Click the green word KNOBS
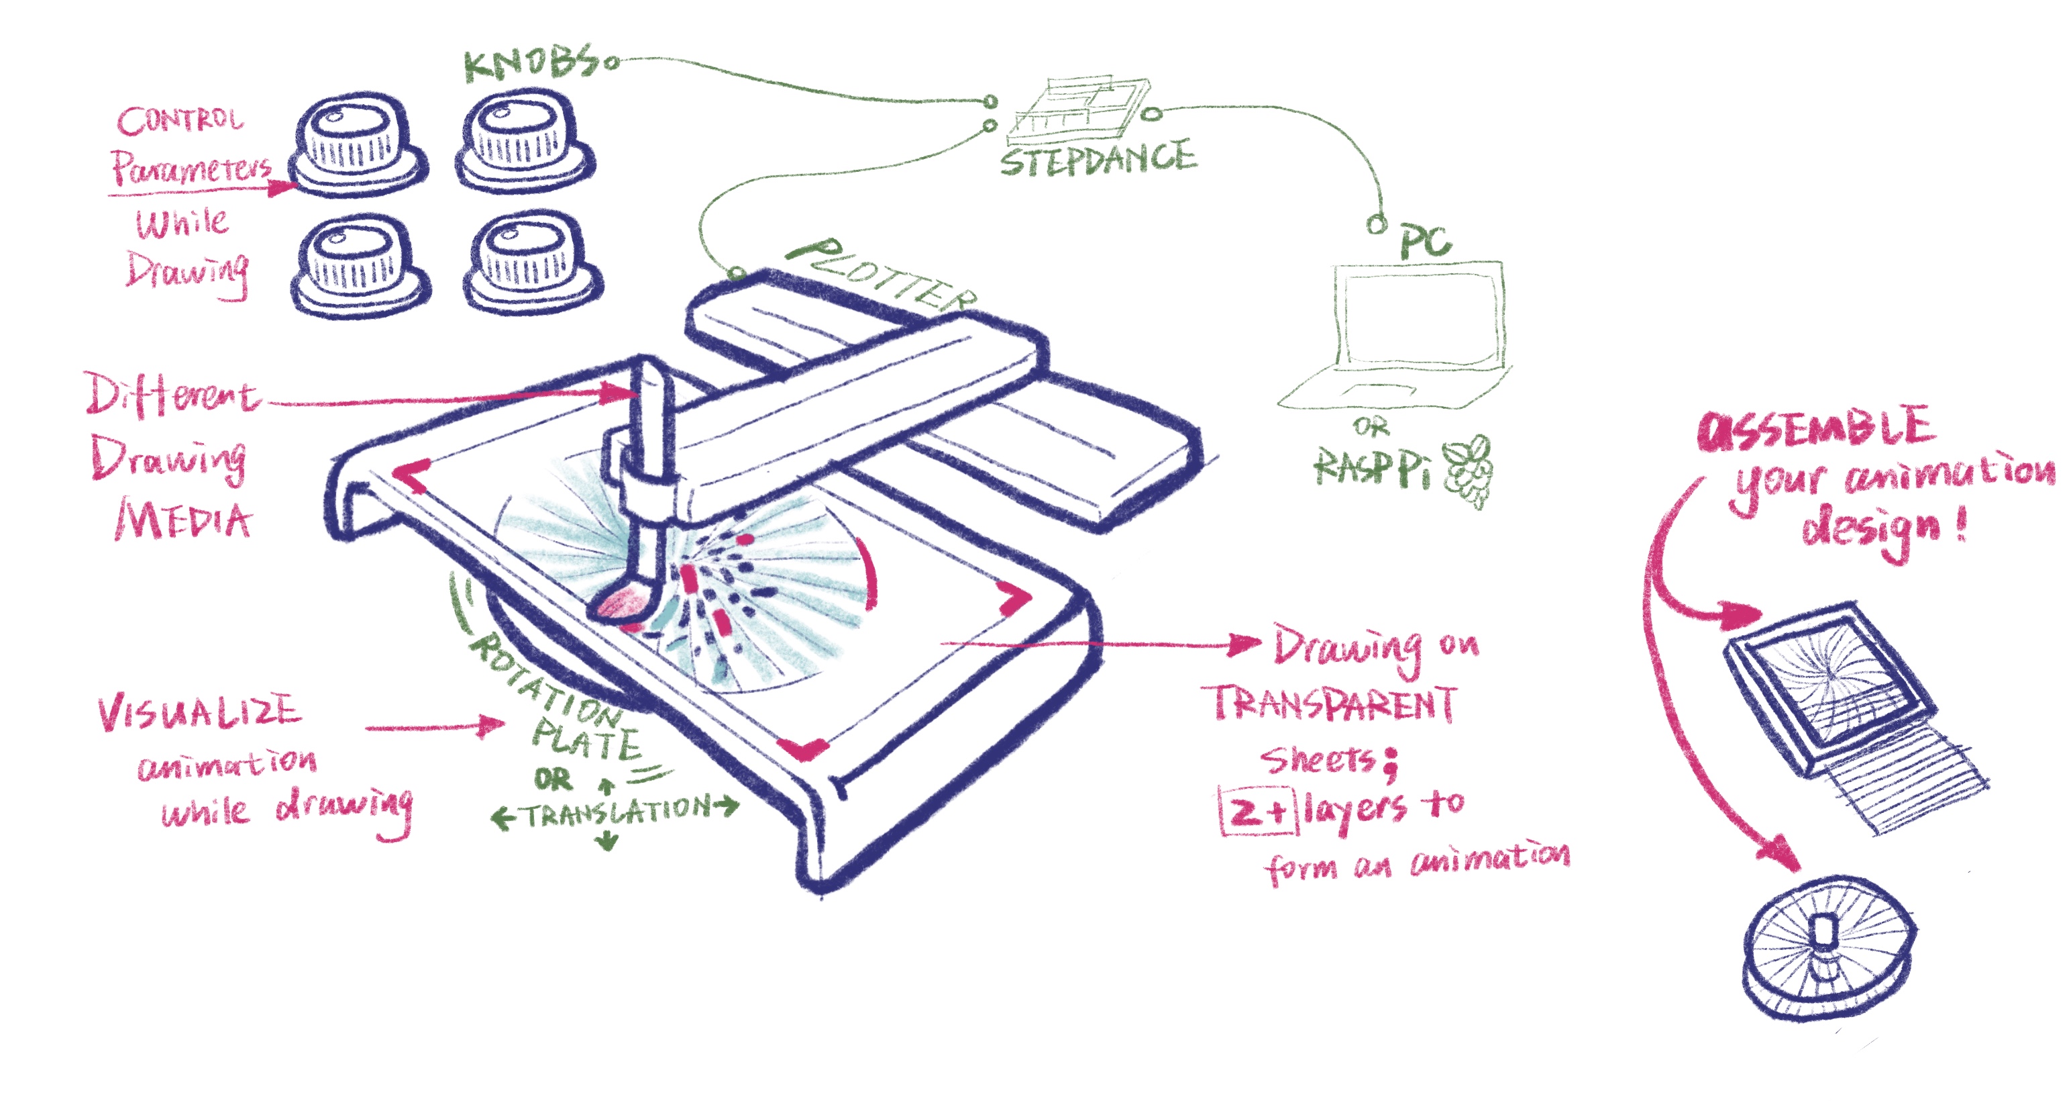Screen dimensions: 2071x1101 [x=531, y=62]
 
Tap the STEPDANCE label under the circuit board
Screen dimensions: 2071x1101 [x=1098, y=158]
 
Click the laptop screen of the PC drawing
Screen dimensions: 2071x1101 [x=1419, y=318]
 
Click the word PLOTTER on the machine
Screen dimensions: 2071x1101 [x=880, y=276]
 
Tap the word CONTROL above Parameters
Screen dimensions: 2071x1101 [x=179, y=121]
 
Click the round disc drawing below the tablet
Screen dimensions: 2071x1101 [x=1829, y=949]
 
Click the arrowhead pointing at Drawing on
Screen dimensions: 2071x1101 [x=1246, y=643]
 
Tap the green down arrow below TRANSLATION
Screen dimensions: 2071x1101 [x=608, y=841]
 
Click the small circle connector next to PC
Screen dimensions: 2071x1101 [x=1377, y=224]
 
